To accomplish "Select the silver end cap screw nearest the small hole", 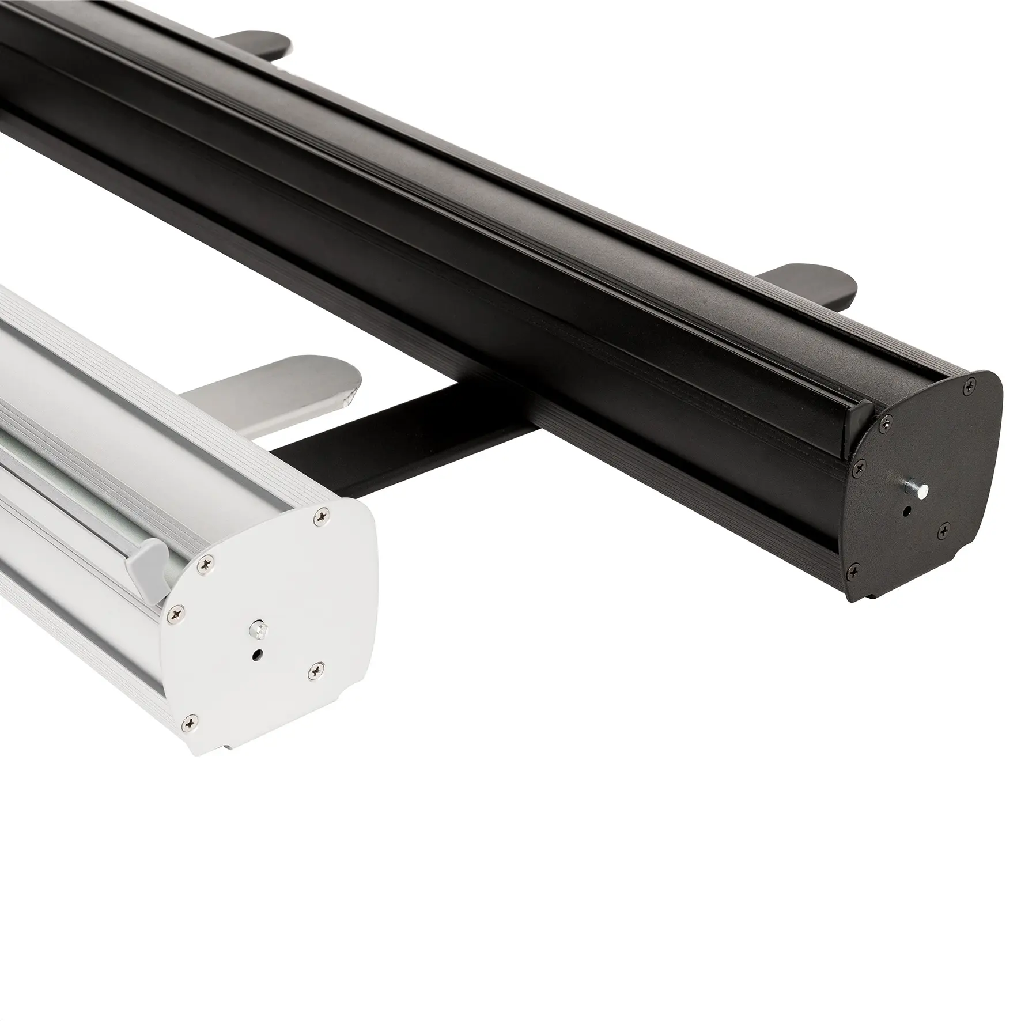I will coord(315,669).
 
